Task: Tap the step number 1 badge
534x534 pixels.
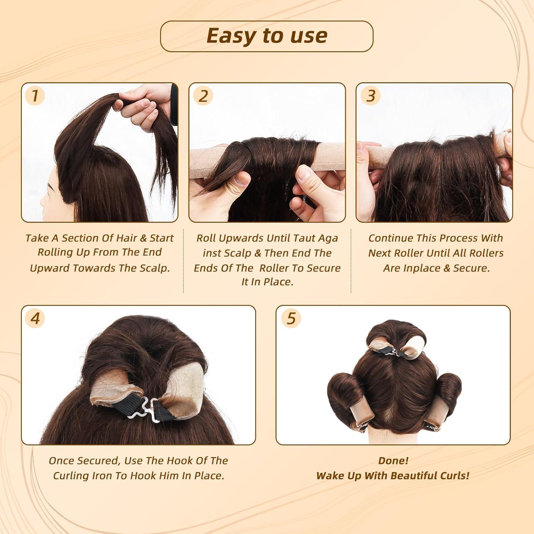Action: point(35,96)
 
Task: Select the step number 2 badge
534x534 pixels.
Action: point(203,96)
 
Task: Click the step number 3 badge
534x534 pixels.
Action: point(371,96)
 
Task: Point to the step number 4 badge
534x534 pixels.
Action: point(35,318)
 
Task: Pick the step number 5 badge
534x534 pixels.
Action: point(291,318)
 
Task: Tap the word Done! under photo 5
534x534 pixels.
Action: point(393,461)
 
